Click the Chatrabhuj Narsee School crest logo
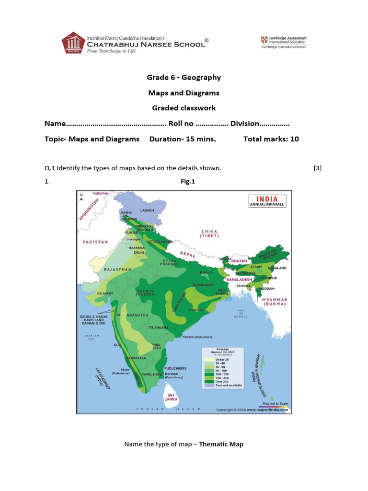[72, 43]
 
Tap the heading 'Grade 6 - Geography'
[184, 77]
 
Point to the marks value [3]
[317, 168]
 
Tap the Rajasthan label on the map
[117, 269]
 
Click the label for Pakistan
[95, 242]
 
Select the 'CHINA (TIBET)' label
[210, 234]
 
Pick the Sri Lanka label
[171, 397]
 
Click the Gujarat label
[105, 292]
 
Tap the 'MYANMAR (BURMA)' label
[275, 302]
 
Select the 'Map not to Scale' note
[276, 403]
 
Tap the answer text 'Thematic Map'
[221, 444]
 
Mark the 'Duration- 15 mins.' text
[183, 139]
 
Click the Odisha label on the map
[197, 309]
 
